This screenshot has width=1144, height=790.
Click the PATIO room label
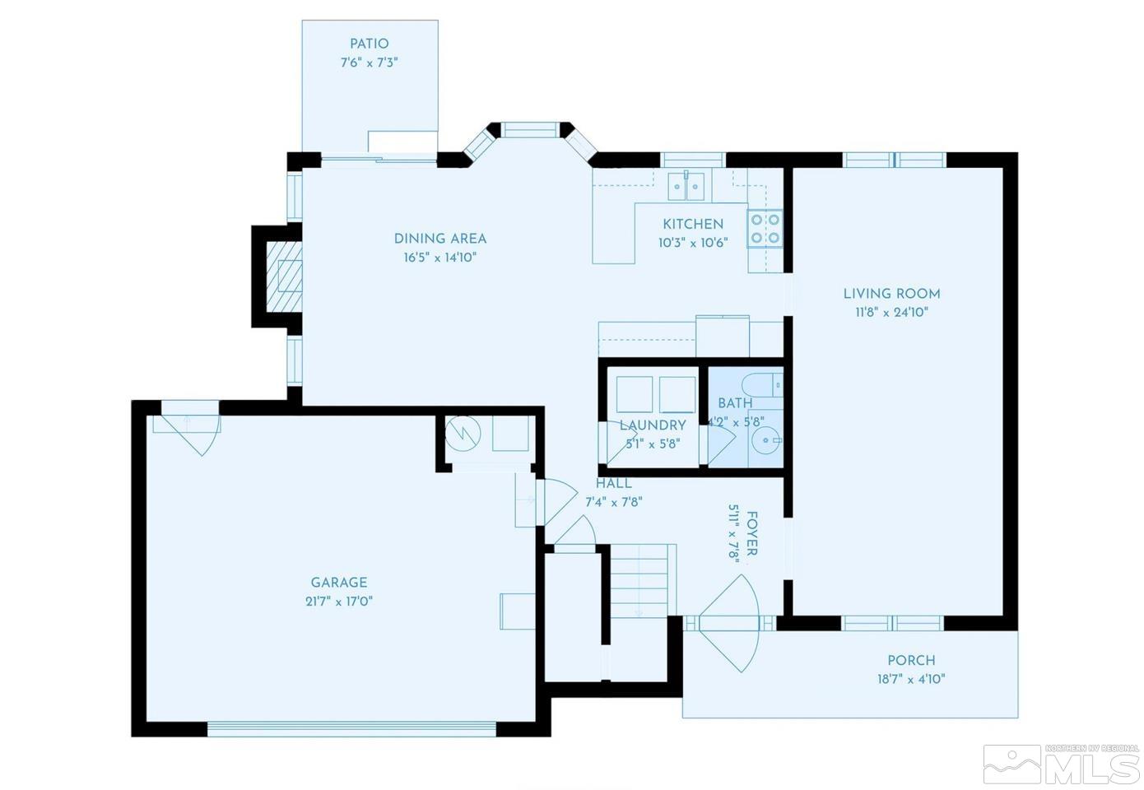[369, 44]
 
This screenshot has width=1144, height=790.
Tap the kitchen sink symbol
[686, 186]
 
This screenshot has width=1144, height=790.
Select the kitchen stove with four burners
[764, 229]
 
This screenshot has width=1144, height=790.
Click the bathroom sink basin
[766, 440]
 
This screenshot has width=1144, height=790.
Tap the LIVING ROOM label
[891, 293]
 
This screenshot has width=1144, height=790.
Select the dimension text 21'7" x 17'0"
[339, 601]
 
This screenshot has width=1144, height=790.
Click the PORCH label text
[911, 660]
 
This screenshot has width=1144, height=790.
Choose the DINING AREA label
[440, 239]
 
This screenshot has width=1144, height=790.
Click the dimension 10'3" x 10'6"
[693, 243]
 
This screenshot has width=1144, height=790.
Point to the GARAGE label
[339, 583]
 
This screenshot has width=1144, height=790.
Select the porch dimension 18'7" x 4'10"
[911, 679]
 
